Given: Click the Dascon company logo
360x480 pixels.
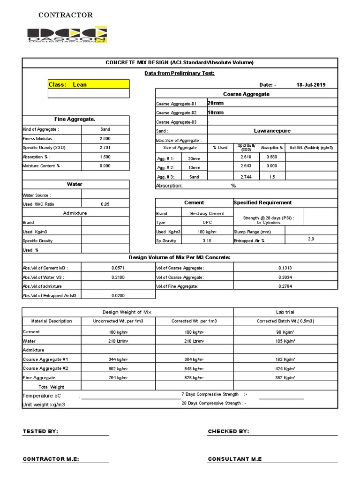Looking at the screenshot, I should click(67, 35).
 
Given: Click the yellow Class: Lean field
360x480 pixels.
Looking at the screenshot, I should click(89, 84).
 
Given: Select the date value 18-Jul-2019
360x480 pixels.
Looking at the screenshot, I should click(310, 84).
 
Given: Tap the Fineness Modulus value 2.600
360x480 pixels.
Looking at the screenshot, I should click(105, 139).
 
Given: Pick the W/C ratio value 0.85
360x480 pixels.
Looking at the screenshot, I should click(105, 204).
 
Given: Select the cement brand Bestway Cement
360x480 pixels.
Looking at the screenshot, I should click(207, 213).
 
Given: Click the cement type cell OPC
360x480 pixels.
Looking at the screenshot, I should click(207, 222).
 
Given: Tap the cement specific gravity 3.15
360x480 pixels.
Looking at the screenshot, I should click(207, 240).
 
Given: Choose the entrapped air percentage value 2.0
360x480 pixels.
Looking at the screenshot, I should click(311, 239).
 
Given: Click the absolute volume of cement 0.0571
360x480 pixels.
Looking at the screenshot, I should click(118, 268).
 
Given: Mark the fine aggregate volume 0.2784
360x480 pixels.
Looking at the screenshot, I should click(285, 286).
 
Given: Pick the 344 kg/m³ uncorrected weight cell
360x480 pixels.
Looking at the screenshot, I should click(118, 359).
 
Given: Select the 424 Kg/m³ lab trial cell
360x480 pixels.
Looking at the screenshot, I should click(285, 368).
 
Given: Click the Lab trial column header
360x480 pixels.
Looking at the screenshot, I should click(285, 312).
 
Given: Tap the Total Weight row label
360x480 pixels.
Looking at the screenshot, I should click(51, 387).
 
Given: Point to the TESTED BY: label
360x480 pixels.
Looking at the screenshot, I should click(41, 431).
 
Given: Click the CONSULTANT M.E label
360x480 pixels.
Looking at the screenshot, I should click(235, 459).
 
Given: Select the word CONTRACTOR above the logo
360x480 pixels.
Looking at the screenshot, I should click(66, 15).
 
